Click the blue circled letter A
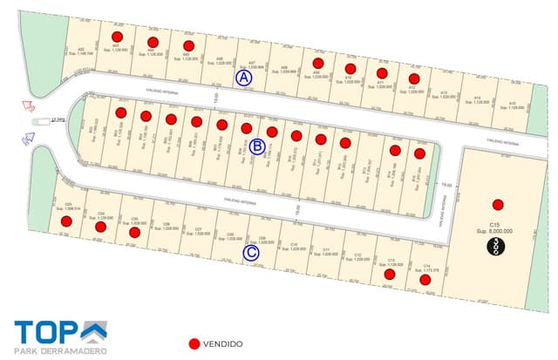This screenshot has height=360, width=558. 245,78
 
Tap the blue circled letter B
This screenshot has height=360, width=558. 257,147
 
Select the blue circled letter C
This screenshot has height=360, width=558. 251,254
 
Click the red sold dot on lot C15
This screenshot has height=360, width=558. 497,205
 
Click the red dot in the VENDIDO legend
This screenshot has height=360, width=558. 194,343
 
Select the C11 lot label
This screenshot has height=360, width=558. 324,249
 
